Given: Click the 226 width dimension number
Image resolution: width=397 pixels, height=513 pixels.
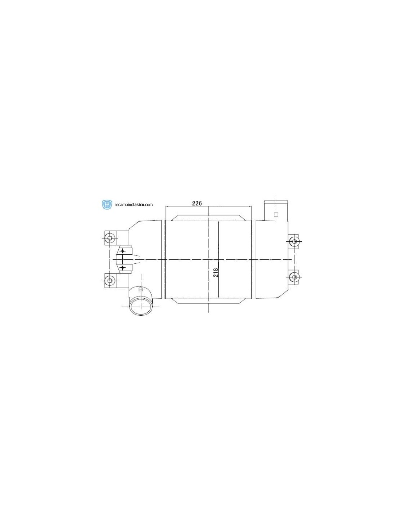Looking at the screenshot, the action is pyautogui.click(x=197, y=203).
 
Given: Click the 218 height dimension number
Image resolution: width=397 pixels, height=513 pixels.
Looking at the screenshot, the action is pyautogui.click(x=215, y=272).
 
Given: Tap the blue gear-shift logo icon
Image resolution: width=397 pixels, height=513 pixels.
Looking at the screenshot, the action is pyautogui.click(x=107, y=205).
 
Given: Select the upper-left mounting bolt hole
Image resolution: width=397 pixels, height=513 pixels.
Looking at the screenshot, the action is pyautogui.click(x=110, y=238).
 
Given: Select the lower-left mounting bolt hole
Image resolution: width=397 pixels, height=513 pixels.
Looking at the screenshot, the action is pyautogui.click(x=110, y=280).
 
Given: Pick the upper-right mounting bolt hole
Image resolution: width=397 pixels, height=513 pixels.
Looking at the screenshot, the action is pyautogui.click(x=294, y=241).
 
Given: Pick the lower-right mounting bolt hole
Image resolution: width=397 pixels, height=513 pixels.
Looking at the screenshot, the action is pyautogui.click(x=294, y=277).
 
